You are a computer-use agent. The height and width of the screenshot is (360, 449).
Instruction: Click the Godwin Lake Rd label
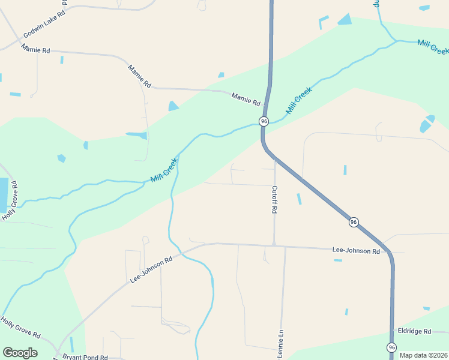click(44, 25)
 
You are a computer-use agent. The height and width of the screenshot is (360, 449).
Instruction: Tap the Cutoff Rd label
click(274, 200)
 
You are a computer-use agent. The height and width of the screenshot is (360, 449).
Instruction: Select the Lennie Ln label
click(280, 344)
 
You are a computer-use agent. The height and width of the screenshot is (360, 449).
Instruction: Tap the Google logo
click(20, 353)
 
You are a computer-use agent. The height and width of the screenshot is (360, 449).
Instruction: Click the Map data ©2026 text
click(423, 355)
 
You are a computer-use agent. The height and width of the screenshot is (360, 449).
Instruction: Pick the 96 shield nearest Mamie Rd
click(264, 121)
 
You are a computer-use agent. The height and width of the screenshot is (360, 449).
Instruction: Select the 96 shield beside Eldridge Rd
click(391, 347)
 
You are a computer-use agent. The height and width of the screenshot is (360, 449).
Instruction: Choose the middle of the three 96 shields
click(354, 222)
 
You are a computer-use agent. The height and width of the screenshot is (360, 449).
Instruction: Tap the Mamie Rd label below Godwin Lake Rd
click(35, 49)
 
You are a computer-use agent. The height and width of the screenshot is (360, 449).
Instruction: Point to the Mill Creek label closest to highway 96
click(298, 100)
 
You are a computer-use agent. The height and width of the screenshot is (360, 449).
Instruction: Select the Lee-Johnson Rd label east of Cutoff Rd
click(357, 250)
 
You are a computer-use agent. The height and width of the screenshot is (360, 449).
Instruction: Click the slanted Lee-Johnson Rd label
click(151, 270)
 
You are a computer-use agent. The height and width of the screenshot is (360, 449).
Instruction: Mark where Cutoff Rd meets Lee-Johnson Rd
click(274, 244)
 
